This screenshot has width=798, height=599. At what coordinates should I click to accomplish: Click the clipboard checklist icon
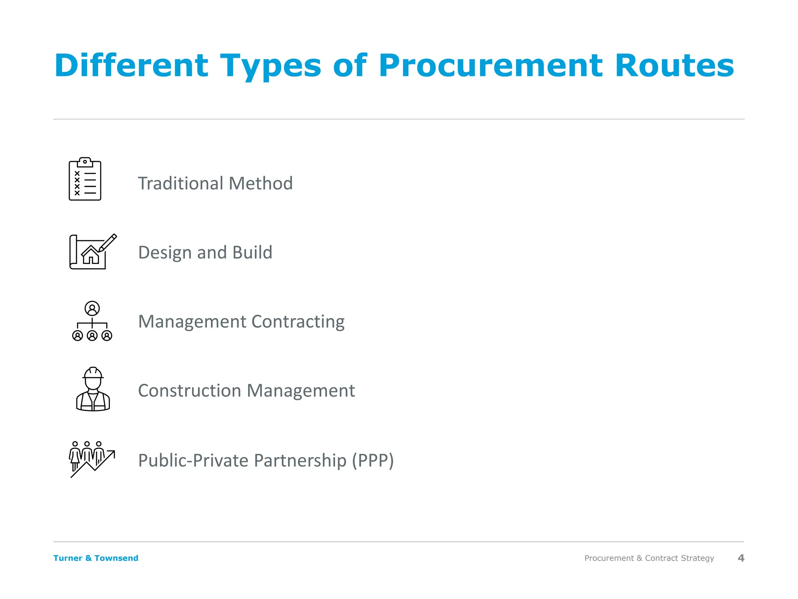tap(85, 179)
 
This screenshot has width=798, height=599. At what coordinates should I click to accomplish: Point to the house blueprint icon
tap(92, 252)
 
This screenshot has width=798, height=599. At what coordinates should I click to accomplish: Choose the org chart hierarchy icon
tap(92, 321)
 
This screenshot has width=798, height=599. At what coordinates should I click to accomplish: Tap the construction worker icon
tap(93, 389)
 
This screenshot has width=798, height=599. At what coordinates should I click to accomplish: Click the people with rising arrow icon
tap(92, 459)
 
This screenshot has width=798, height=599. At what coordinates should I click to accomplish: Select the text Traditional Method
tap(215, 183)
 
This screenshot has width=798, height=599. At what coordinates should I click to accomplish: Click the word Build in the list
tap(252, 252)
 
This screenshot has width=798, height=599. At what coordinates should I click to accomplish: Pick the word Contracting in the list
tap(298, 322)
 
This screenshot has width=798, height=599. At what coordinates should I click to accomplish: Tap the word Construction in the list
tap(189, 391)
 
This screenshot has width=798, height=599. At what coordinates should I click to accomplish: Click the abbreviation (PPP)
tap(373, 461)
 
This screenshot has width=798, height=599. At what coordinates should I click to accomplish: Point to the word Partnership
tap(300, 461)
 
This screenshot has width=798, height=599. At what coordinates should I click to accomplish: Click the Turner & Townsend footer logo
tap(96, 558)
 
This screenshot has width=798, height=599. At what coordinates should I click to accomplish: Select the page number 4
tap(741, 558)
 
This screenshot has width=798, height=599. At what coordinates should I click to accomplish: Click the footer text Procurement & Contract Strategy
tap(649, 558)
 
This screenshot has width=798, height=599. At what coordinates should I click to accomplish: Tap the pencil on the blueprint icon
tap(108, 243)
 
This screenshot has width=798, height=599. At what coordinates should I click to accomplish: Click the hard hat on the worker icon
tap(93, 373)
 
